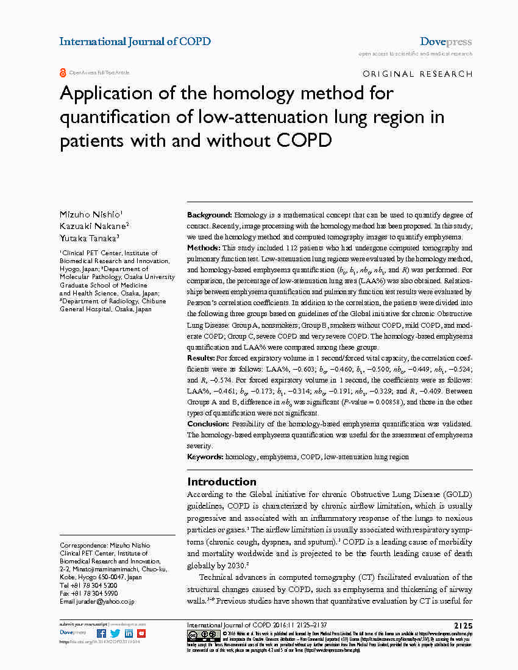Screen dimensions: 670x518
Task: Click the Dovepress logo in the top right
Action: point(445,42)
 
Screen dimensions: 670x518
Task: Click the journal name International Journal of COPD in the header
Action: point(135,41)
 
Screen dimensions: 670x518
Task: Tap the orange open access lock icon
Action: point(63,73)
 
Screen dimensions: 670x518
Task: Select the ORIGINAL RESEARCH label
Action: point(417,74)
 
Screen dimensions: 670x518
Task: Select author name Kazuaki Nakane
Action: point(93,226)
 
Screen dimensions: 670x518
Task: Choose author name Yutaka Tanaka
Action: point(88,238)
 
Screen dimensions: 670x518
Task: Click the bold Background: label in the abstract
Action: point(209,215)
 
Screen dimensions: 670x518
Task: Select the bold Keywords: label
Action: point(205,456)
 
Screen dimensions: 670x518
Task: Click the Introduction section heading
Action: point(222,481)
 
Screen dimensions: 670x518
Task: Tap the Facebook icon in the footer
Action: point(101,633)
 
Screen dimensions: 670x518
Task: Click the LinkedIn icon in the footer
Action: point(129,633)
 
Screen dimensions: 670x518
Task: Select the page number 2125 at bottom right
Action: point(463,626)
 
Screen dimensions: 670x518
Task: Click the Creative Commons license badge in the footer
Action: point(202,635)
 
